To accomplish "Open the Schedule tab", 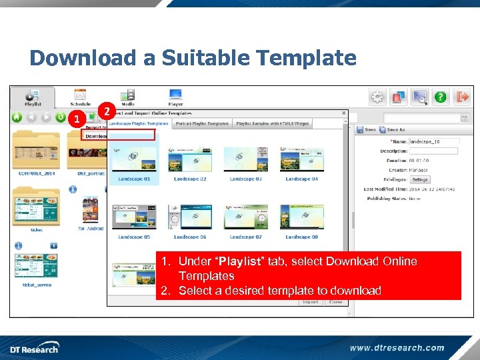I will [80, 97].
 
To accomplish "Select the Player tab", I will [175, 97].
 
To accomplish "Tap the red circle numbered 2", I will [106, 111].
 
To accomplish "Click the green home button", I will [17, 118].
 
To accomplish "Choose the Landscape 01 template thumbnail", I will [134, 160].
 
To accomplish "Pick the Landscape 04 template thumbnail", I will [301, 160].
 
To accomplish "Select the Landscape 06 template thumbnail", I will [190, 217].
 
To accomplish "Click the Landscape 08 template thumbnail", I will [301, 217].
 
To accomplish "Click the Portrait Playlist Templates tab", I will [201, 123].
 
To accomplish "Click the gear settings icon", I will [378, 97].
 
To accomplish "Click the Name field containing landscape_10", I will [433, 141].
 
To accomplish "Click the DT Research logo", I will [34, 347].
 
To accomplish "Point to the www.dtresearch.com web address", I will [397, 347].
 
